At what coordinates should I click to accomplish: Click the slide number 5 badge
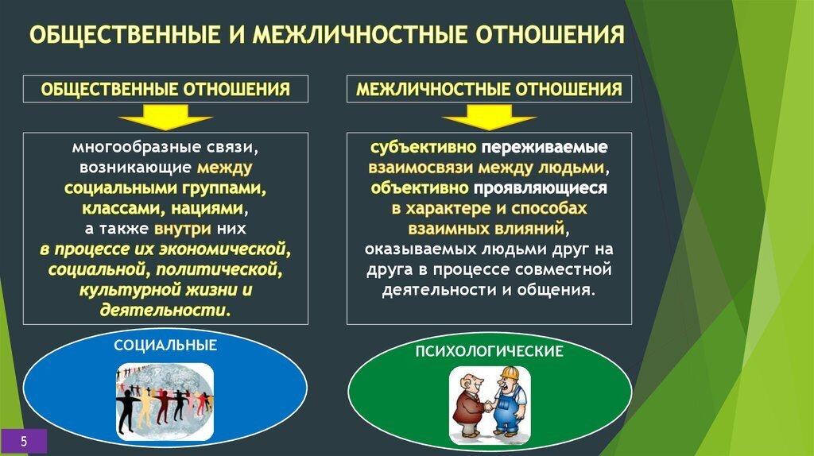pyautogui.click(x=23, y=442)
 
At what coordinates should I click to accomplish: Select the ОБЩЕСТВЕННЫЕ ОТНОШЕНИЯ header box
pyautogui.click(x=165, y=89)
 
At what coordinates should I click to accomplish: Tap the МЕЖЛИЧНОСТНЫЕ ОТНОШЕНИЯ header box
pyautogui.click(x=489, y=89)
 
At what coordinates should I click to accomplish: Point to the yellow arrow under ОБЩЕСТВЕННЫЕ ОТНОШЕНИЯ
pyautogui.click(x=165, y=117)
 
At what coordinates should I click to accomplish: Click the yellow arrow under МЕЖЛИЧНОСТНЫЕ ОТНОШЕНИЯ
pyautogui.click(x=489, y=117)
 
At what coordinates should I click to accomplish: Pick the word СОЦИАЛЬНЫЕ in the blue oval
pyautogui.click(x=165, y=346)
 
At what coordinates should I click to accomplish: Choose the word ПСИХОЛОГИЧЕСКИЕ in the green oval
pyautogui.click(x=489, y=351)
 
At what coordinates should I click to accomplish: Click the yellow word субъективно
pyautogui.click(x=423, y=147)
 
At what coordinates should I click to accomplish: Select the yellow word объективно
pyautogui.click(x=420, y=187)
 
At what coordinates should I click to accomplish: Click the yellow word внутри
pyautogui.click(x=183, y=229)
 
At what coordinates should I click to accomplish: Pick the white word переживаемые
pyautogui.click(x=544, y=147)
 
